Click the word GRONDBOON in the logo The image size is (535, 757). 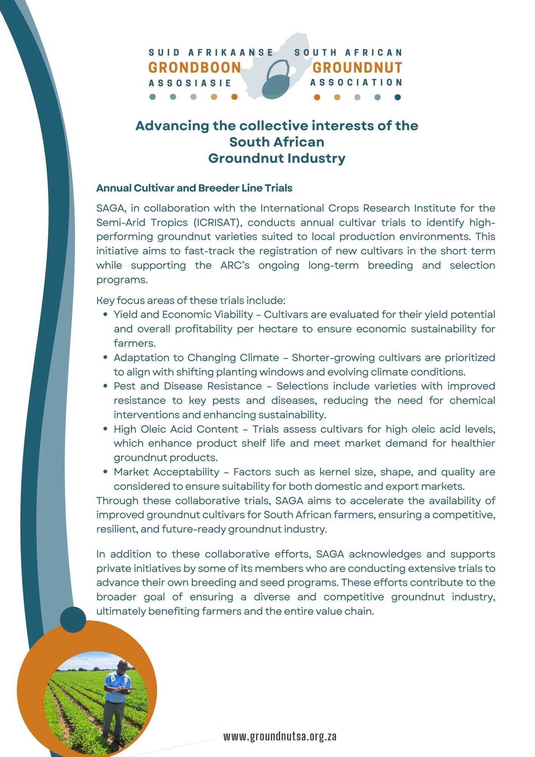pyautogui.click(x=194, y=68)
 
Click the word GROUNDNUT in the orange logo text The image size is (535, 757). pyautogui.click(x=357, y=68)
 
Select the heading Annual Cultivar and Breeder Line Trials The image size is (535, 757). pyautogui.click(x=194, y=188)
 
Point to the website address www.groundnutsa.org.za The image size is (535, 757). pyautogui.click(x=280, y=736)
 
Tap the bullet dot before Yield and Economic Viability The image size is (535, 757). pyautogui.click(x=106, y=315)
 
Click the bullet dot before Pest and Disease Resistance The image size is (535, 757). pyautogui.click(x=106, y=386)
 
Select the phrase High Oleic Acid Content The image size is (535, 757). pyautogui.click(x=176, y=429)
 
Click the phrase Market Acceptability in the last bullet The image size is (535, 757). pyautogui.click(x=166, y=472)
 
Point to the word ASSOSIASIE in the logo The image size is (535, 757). pyautogui.click(x=190, y=83)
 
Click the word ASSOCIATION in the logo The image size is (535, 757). pyautogui.click(x=356, y=83)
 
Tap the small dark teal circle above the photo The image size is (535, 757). pyautogui.click(x=73, y=620)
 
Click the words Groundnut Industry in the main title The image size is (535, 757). pyautogui.click(x=277, y=158)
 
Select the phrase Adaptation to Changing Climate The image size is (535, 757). pyautogui.click(x=196, y=358)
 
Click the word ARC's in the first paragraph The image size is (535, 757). pyautogui.click(x=235, y=265)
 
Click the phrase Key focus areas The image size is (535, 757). pyautogui.click(x=135, y=301)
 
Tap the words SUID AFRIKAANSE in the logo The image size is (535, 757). pyautogui.click(x=211, y=53)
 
